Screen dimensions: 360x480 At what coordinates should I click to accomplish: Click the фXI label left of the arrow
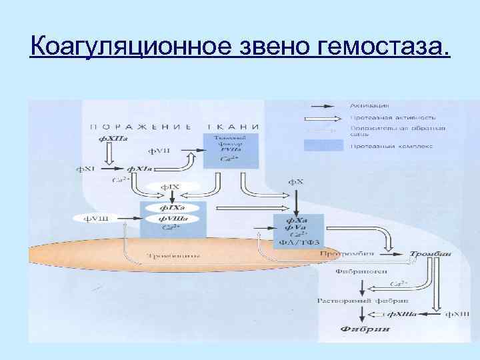point(87,169)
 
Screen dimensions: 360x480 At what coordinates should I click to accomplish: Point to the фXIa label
point(139,169)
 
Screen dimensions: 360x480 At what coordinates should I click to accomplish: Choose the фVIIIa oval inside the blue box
point(172,219)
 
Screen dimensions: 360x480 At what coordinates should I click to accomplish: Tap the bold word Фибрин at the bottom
point(360,329)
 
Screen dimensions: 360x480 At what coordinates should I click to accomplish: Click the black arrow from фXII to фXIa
point(111,154)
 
